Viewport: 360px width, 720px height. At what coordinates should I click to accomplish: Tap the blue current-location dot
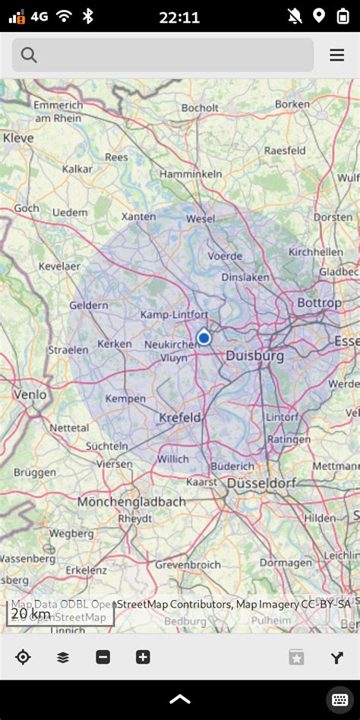[204, 337]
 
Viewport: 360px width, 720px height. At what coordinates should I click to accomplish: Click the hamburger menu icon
[337, 55]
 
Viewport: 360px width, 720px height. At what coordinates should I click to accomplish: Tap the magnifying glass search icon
[30, 55]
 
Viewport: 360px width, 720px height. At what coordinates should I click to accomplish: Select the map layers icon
[63, 658]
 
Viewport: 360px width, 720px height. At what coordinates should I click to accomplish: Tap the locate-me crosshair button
[23, 658]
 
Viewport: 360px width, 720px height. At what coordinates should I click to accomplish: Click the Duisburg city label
[254, 355]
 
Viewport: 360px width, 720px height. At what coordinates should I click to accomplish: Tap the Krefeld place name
[180, 417]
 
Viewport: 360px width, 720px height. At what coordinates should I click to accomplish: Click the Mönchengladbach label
[131, 502]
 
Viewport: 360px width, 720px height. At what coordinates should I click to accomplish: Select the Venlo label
[30, 395]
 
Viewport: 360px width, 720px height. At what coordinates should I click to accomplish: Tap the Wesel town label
[201, 219]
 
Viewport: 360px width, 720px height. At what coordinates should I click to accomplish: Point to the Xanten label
[138, 216]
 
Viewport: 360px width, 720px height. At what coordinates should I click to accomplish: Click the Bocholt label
[200, 108]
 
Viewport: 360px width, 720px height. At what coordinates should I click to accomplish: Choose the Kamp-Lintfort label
[175, 314]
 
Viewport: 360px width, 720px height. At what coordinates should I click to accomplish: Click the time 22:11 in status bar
[179, 17]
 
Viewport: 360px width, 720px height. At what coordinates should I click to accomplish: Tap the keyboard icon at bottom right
[339, 699]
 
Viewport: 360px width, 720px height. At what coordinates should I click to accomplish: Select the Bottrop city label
[318, 303]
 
